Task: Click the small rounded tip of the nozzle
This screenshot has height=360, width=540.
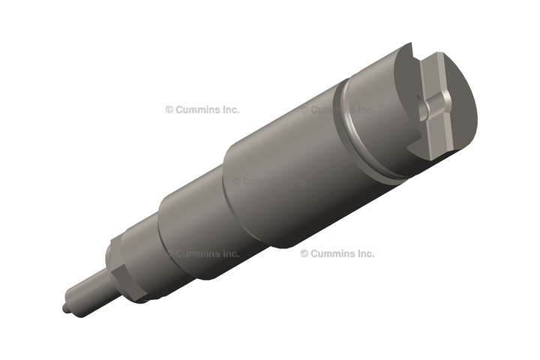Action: tap(64, 308)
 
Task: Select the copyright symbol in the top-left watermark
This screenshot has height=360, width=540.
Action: tap(169, 110)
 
